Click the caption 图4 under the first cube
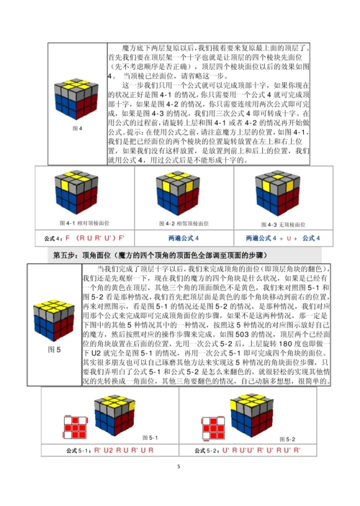[x=81, y=127]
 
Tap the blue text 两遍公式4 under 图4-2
[x=181, y=238]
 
